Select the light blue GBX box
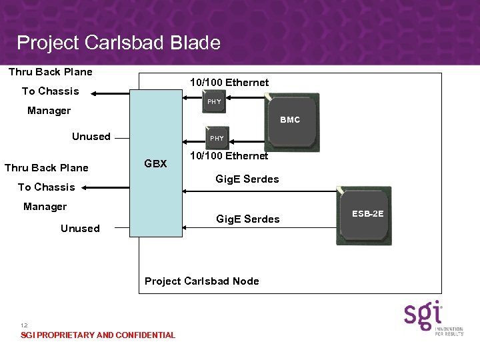coord(156,163)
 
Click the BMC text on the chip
coord(290,120)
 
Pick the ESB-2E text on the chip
coord(364,214)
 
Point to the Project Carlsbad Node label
coord(201,281)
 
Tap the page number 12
coord(25,325)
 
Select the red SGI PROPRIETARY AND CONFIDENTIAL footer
coord(98,335)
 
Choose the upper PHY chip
coord(215,102)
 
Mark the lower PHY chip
coord(217,138)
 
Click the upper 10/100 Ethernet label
coord(229,83)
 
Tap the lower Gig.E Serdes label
coord(247,219)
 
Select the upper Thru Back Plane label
coord(50,72)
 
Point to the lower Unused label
coord(80,229)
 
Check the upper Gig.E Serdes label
coord(247,179)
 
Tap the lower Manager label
coord(45,207)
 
